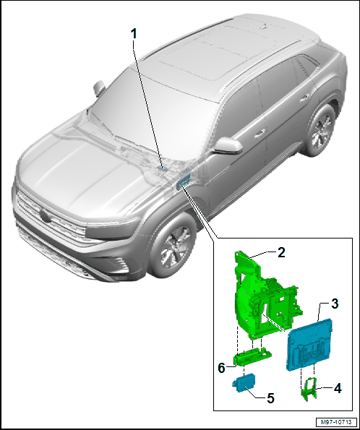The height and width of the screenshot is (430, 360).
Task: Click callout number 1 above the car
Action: coord(134,34)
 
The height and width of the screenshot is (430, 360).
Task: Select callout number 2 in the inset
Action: coord(281,252)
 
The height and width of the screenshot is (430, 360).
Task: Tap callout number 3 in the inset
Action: coord(335,304)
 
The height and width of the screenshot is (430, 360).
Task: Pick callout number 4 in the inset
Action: coord(338,388)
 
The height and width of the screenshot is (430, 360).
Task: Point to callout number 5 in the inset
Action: coord(270,398)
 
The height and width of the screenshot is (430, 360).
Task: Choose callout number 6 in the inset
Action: coord(221,368)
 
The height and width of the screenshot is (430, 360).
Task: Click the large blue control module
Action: coord(309,345)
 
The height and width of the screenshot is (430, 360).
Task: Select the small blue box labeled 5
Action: coord(244,383)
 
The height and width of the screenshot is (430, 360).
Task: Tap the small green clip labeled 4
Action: coord(309,389)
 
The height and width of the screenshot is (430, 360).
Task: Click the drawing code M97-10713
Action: coord(336,422)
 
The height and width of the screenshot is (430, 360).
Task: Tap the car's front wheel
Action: coord(172,246)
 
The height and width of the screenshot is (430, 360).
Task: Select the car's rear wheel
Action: coord(320,130)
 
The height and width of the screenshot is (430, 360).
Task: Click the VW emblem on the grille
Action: coord(45,215)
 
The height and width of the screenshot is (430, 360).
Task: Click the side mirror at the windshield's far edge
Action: coord(99,87)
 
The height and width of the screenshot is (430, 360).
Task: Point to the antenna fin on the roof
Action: coord(263,26)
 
